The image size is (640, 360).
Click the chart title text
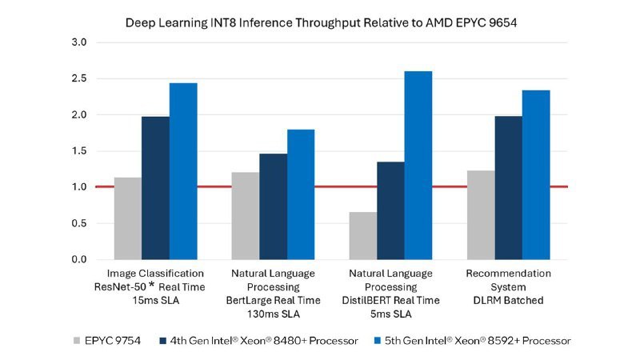[320, 23]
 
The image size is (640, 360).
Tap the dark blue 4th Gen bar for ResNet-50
[156, 188]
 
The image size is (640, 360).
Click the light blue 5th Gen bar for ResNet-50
[183, 171]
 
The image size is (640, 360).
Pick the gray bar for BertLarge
[245, 215]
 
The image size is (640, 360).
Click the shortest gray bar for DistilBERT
[362, 235]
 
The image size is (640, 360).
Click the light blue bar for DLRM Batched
[536, 175]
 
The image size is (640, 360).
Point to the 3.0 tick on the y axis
[80, 42]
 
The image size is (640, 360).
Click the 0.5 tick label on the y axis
[80, 223]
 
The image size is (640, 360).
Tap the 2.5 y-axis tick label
[80, 78]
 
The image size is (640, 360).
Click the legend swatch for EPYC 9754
[78, 340]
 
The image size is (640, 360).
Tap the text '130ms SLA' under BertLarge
[273, 313]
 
